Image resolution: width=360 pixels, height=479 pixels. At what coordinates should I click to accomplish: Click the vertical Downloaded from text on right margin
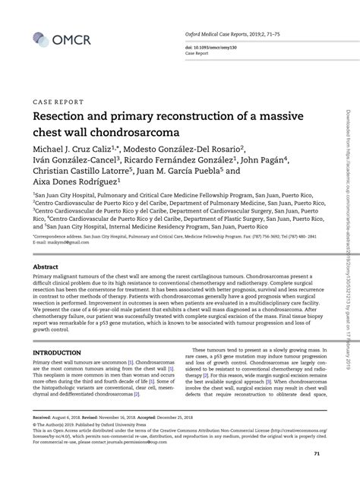pyautogui.click(x=349, y=152)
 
